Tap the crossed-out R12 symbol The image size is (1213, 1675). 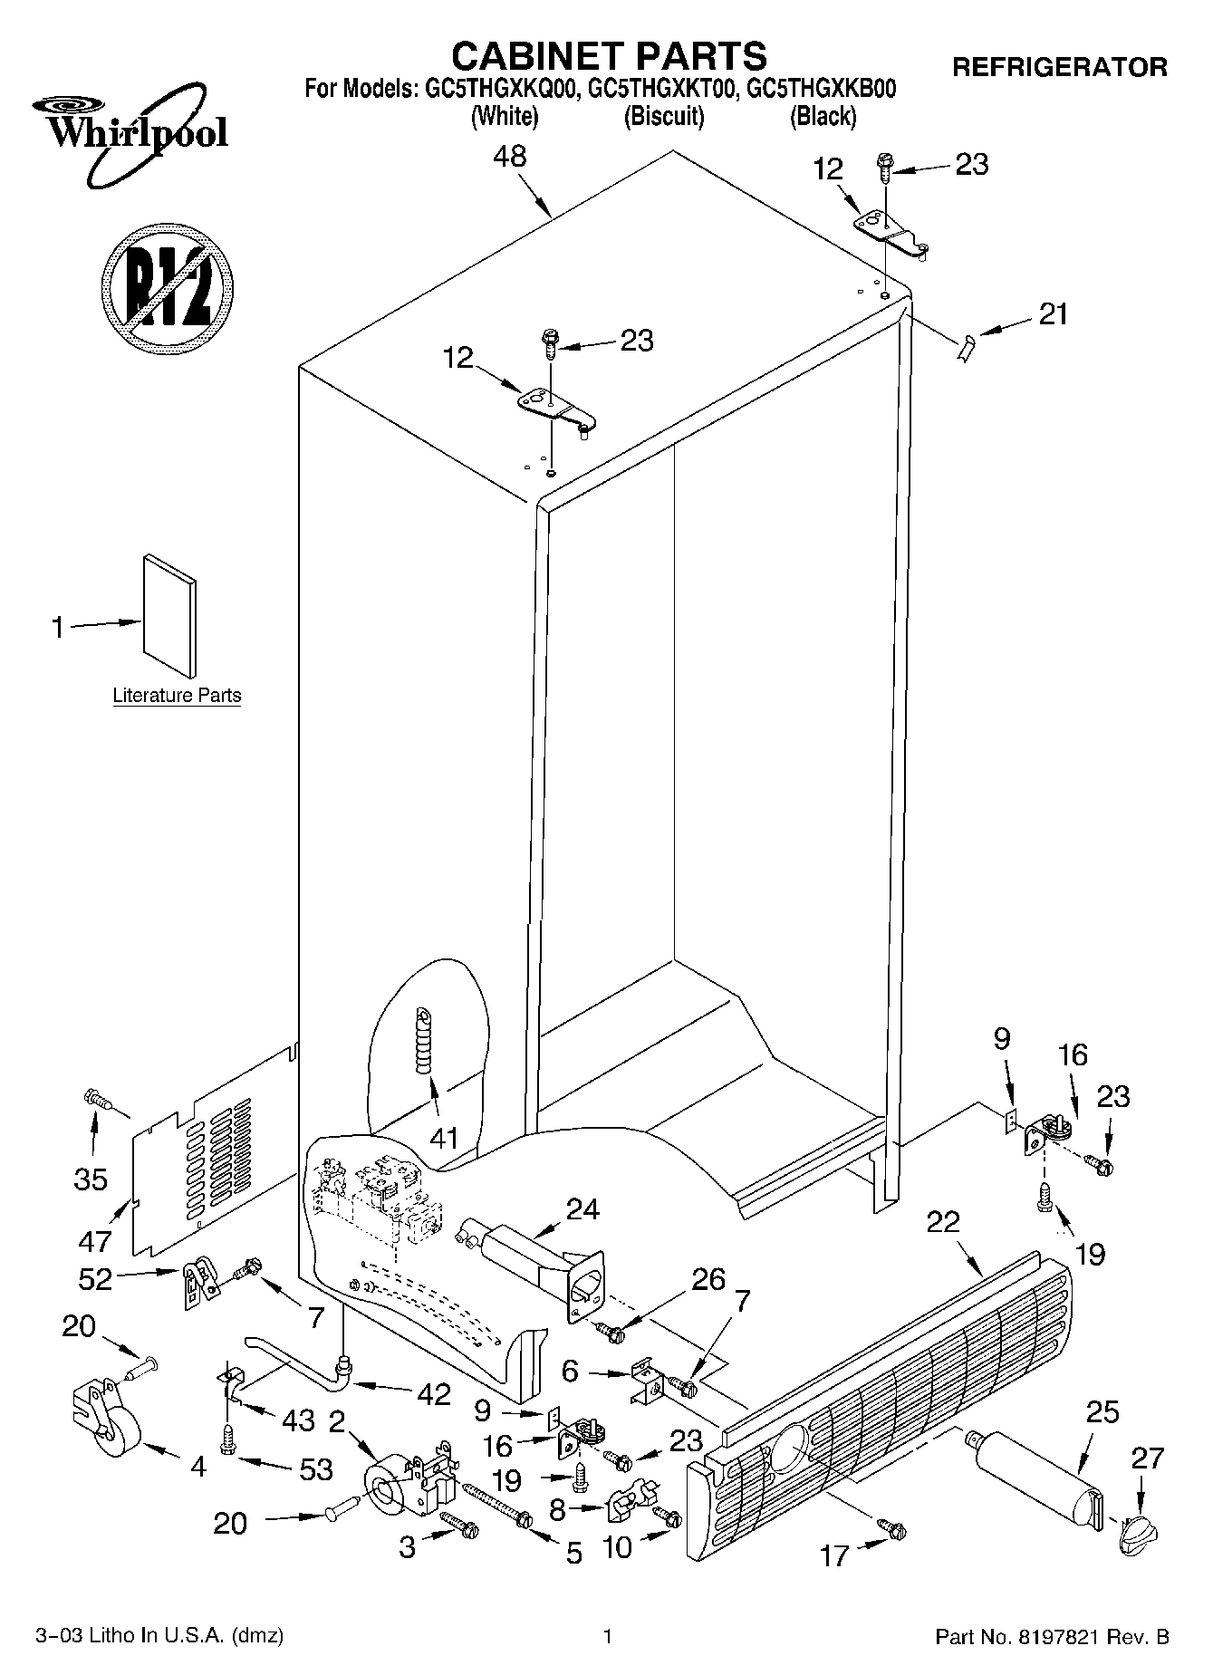168,288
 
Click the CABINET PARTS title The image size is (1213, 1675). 609,56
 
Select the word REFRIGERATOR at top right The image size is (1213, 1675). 1059,67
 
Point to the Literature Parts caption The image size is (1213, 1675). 177,696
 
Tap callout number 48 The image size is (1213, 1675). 509,157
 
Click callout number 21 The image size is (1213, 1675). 1053,314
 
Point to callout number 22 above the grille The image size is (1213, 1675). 943,1222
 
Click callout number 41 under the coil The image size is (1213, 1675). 444,1138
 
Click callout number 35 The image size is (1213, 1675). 91,1179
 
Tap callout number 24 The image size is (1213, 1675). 582,1208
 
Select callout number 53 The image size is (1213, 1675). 316,1469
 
